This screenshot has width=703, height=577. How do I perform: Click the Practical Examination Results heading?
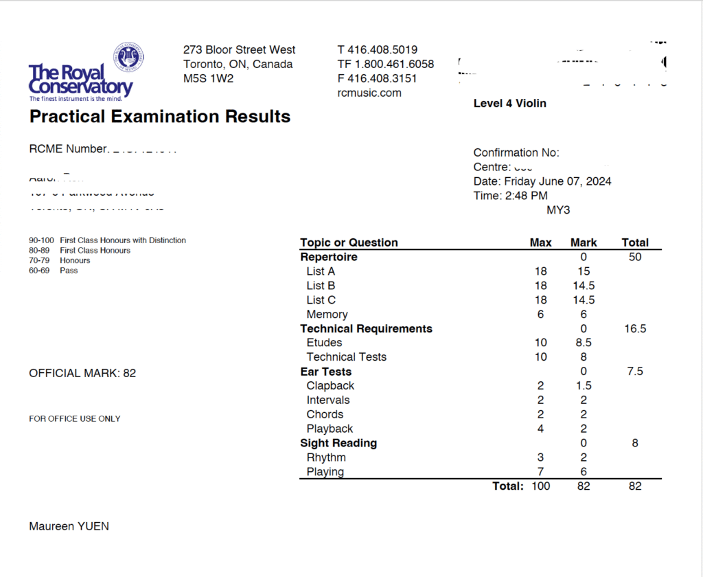click(160, 117)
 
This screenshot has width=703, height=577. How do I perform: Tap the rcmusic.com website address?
click(369, 93)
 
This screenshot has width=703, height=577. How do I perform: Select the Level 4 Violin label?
click(510, 103)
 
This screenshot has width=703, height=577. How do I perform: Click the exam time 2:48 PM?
click(524, 196)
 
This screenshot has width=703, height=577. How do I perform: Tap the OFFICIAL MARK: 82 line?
click(82, 373)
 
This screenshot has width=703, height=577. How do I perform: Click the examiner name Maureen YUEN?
click(69, 526)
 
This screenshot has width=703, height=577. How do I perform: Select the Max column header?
click(541, 242)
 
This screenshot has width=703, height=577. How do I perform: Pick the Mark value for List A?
click(584, 271)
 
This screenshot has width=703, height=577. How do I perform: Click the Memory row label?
click(327, 314)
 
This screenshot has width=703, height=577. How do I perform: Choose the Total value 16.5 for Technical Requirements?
click(635, 328)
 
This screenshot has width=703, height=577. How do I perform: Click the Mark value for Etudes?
click(584, 342)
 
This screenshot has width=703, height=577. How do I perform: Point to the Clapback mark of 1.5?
click(584, 385)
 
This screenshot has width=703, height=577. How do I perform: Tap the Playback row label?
click(330, 429)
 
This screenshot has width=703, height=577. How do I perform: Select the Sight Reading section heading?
click(338, 443)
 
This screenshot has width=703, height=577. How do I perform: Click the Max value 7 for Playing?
click(541, 472)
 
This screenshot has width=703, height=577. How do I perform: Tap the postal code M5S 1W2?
click(208, 78)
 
